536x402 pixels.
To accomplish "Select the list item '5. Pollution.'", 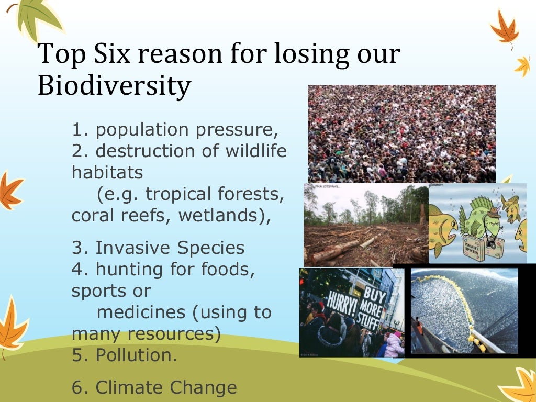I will pyautogui.click(x=124, y=355).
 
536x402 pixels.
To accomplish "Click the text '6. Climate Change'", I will pyautogui.click(x=154, y=387).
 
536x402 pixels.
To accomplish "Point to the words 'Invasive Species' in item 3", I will pyautogui.click(x=170, y=248).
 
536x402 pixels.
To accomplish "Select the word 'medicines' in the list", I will pyautogui.click(x=141, y=312).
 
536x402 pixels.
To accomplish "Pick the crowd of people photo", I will pyautogui.click(x=401, y=133).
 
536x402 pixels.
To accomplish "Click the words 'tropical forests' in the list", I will pyautogui.click(x=215, y=194).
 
